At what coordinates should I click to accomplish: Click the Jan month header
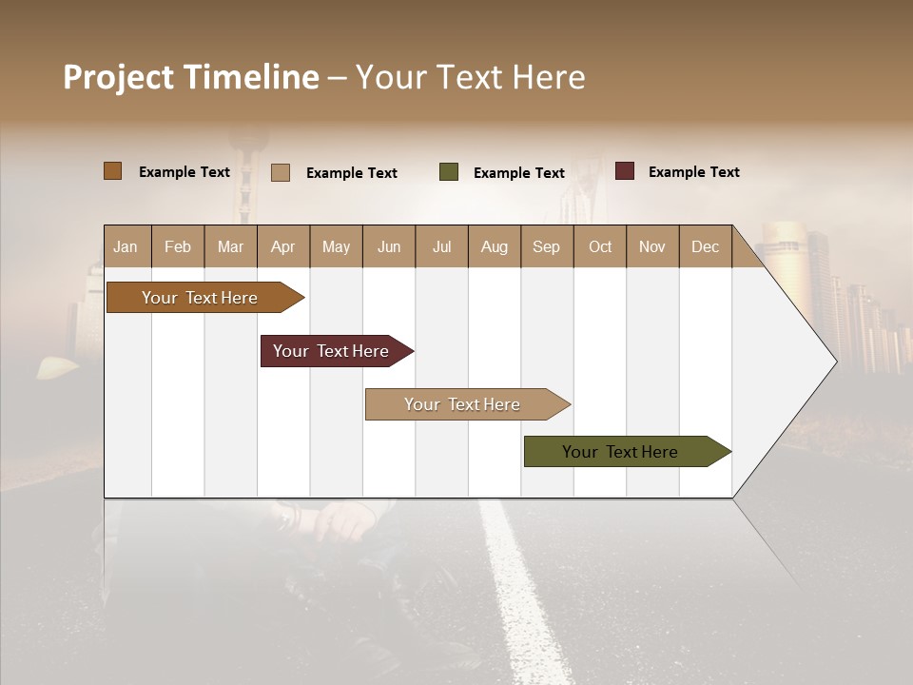coord(126,246)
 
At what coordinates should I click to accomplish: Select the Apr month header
coord(282,246)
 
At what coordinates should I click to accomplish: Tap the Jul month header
coord(441,246)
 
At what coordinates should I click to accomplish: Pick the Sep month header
coord(546,246)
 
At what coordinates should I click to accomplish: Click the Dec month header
coord(705,246)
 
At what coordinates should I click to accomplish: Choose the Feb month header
coord(178,246)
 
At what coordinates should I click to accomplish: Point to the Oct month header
coord(600,246)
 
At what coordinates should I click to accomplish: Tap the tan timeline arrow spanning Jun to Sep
coord(463,404)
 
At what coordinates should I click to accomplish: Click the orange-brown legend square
coord(113,171)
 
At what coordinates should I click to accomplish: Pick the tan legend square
coord(281,172)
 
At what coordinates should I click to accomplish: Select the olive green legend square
coord(449,172)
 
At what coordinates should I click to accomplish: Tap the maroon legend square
coord(625,171)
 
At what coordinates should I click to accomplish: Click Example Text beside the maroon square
coord(693,172)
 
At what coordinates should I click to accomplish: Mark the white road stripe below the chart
coord(518,590)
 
